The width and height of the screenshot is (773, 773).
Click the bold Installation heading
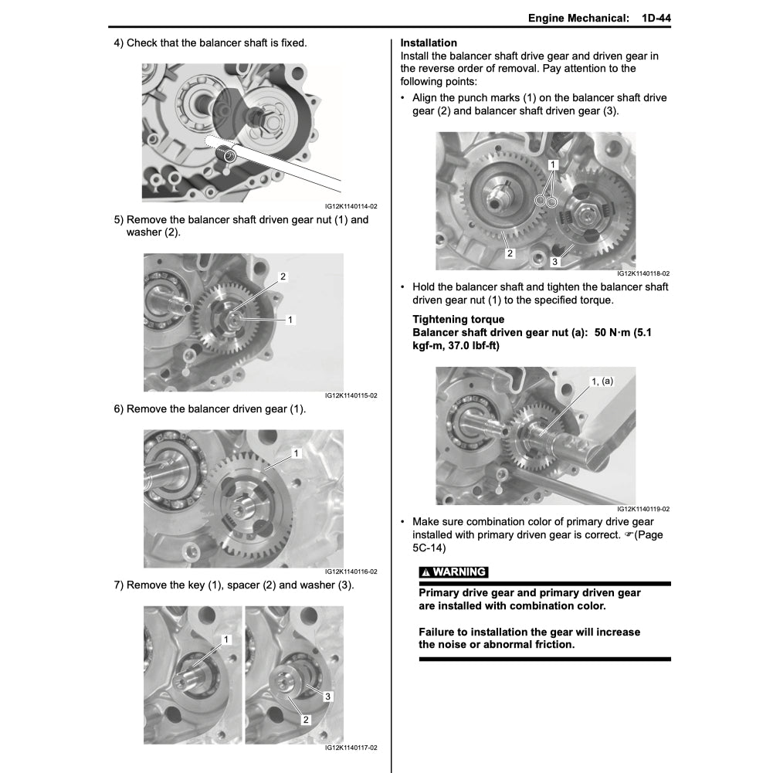tap(429, 43)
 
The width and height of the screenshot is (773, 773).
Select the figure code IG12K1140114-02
tap(351, 207)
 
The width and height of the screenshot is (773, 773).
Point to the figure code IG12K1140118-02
tap(642, 273)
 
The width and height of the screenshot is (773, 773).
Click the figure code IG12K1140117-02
tap(351, 748)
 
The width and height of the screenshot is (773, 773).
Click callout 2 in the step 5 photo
tap(283, 276)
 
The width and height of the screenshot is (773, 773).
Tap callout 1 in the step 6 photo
tap(295, 454)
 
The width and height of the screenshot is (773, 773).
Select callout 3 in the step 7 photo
tap(328, 697)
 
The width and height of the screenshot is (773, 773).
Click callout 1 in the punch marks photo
tap(553, 165)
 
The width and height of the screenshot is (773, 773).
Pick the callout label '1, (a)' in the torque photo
tap(602, 381)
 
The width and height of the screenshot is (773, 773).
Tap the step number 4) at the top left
tap(119, 43)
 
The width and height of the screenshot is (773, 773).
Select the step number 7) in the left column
tap(119, 585)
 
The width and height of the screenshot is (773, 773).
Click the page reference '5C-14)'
tap(429, 548)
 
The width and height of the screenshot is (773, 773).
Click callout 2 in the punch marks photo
tap(510, 253)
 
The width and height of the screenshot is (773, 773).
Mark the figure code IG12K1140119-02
tap(642, 510)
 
